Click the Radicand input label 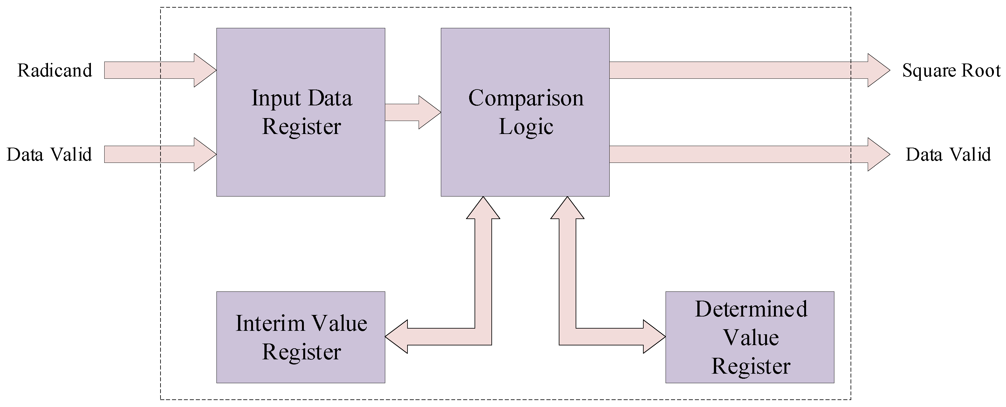[55, 70]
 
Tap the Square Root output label [951, 70]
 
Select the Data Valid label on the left [49, 155]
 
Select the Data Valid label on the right [948, 155]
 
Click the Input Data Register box [301, 164]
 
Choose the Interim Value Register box [301, 371]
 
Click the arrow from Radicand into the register [156, 70]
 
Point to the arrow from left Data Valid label [156, 155]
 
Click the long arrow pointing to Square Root [742, 70]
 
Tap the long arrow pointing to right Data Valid [742, 155]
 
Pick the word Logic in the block [526, 126]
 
